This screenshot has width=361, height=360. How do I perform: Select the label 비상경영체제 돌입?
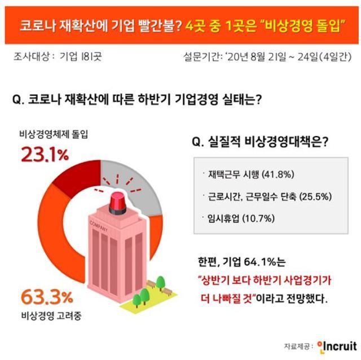click(x=54, y=135)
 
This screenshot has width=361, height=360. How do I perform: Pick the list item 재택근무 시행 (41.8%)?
click(x=244, y=174)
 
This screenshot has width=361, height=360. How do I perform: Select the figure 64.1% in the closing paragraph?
click(x=263, y=264)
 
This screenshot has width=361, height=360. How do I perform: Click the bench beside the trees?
click(x=168, y=292)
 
